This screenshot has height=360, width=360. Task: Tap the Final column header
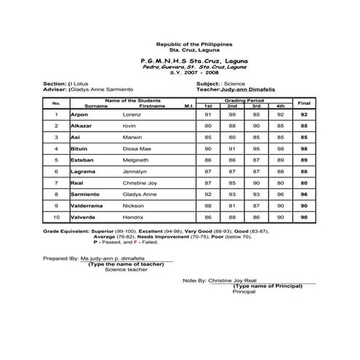coord(304,103)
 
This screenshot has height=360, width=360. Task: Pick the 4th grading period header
coord(280,106)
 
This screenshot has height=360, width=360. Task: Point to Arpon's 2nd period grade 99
coord(233,115)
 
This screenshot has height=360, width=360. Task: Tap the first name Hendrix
coord(132,217)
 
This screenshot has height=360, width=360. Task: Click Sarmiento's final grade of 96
coord(304,194)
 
